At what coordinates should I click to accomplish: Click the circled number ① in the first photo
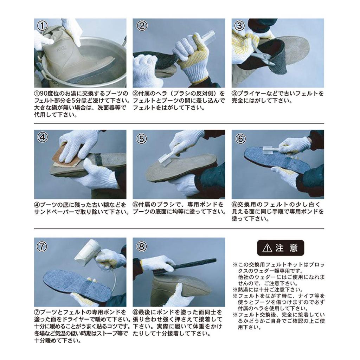tap(42, 26)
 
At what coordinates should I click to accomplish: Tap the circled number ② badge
tap(142, 26)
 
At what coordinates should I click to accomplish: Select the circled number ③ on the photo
tap(240, 26)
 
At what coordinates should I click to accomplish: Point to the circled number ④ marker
tap(42, 137)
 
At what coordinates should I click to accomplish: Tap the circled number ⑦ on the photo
tap(42, 246)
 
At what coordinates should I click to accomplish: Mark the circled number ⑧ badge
tap(141, 246)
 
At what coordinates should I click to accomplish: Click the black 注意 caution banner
tap(281, 248)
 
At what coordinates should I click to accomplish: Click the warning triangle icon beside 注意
tap(267, 248)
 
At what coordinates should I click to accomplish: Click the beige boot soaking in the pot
tap(76, 62)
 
